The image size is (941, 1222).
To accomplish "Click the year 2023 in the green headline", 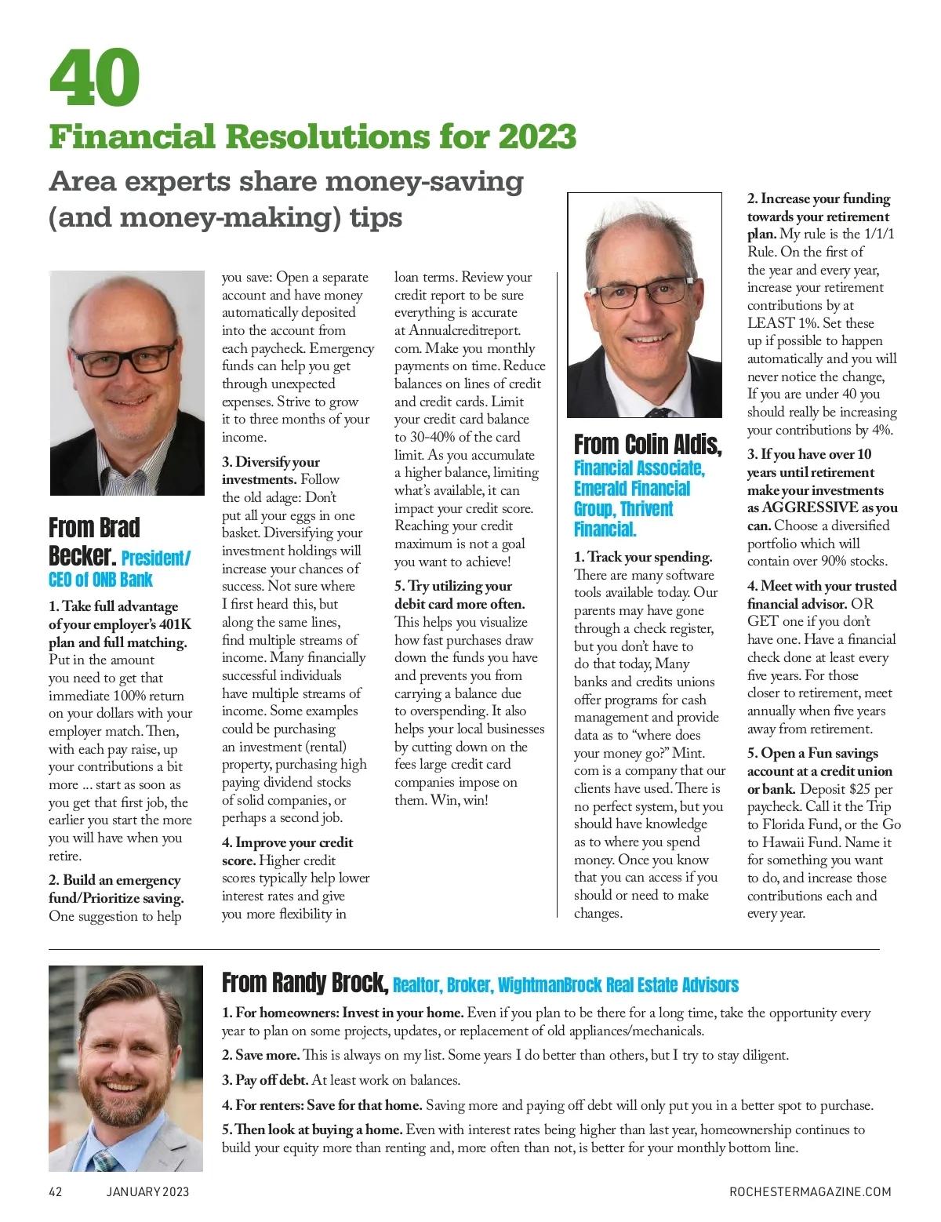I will (537, 136).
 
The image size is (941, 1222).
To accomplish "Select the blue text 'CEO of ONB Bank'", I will (100, 580).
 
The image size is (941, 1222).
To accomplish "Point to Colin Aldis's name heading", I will (648, 444).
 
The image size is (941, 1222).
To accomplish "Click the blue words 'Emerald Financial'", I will (632, 488).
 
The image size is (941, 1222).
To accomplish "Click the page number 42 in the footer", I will (56, 1192).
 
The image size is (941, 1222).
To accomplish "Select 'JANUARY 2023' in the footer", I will (148, 1192).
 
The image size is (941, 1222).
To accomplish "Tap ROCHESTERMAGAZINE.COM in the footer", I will (810, 1192).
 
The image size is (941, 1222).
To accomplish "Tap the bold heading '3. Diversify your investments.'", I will (271, 470).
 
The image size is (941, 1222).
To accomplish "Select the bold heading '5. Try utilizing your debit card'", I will (459, 595).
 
